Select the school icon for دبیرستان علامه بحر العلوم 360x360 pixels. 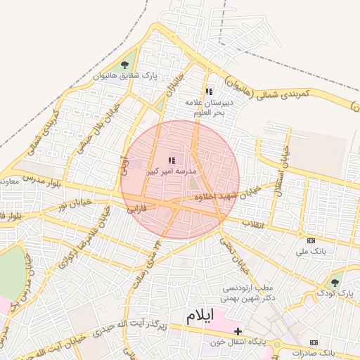point(208,91)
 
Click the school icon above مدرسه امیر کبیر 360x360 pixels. point(172,160)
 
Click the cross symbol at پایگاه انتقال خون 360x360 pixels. point(238,330)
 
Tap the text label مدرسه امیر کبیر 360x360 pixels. point(172,171)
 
